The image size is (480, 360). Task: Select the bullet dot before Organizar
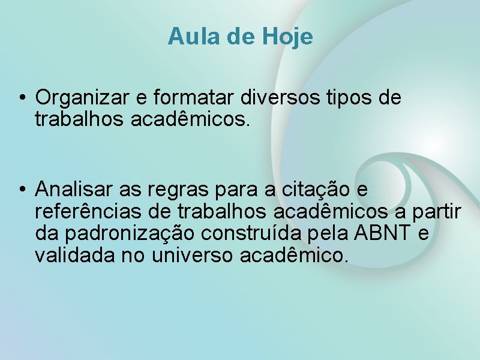tap(21, 97)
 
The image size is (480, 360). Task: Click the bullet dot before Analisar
tap(21, 190)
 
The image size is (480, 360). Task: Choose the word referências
tap(90, 212)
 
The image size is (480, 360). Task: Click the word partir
tap(439, 212)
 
